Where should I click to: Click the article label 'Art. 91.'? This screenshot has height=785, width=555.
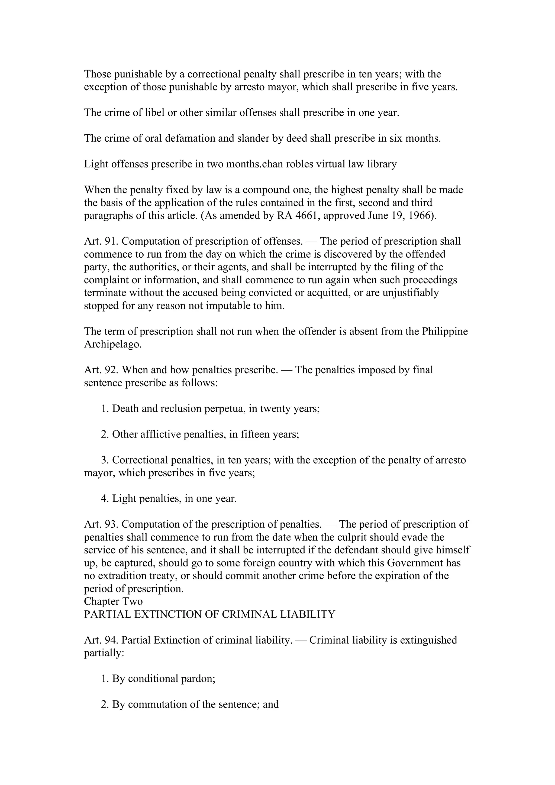(101, 241)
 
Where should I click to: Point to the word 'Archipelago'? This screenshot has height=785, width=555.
(112, 344)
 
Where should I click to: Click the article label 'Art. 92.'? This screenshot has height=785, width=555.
(101, 370)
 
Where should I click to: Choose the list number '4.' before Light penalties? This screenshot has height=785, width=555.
(105, 498)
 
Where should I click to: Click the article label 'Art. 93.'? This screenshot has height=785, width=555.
(101, 524)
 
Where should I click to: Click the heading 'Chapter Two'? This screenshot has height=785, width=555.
(113, 601)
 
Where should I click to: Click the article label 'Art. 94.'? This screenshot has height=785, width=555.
(101, 640)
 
